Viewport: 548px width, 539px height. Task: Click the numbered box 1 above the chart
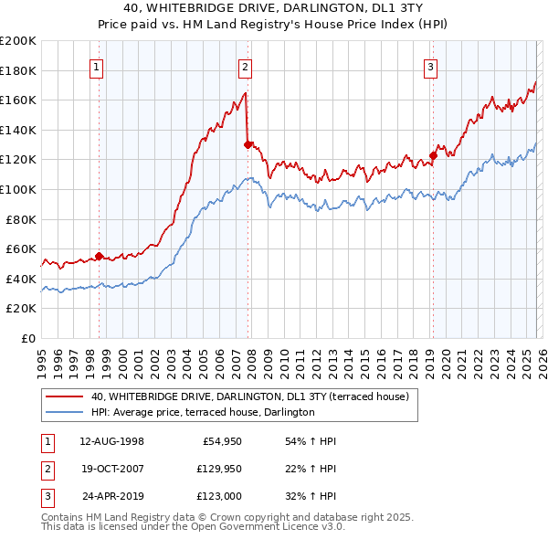(x=97, y=66)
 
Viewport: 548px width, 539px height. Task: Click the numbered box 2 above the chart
(x=246, y=66)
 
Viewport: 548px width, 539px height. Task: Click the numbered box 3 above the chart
(x=430, y=66)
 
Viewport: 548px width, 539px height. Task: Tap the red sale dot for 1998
(x=100, y=256)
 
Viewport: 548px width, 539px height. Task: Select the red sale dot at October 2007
(x=248, y=144)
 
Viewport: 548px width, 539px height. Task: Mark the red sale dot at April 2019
(x=433, y=155)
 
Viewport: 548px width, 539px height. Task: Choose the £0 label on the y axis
(x=27, y=338)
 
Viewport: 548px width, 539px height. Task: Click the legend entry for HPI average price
(x=203, y=412)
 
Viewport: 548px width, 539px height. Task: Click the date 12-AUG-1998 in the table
(x=112, y=441)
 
